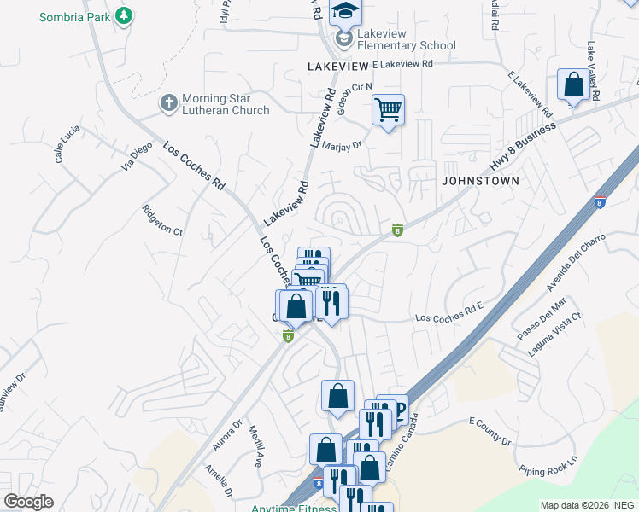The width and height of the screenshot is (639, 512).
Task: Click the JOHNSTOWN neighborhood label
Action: pyautogui.click(x=480, y=181)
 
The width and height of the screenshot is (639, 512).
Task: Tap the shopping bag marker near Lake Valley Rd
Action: pyautogui.click(x=573, y=84)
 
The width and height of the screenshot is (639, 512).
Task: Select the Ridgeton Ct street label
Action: pyautogui.click(x=162, y=219)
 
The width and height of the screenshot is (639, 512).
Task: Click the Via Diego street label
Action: pyautogui.click(x=136, y=157)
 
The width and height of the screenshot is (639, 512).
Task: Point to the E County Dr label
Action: pyautogui.click(x=490, y=431)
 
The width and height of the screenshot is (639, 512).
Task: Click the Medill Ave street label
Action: pyautogui.click(x=255, y=446)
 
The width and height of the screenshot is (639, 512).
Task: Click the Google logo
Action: pyautogui.click(x=28, y=502)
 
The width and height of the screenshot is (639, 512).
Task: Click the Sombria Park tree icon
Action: pyautogui.click(x=125, y=15)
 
